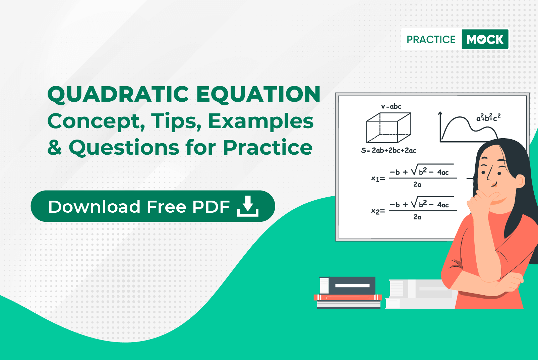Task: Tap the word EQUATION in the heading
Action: coord(258,95)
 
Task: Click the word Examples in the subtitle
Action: coord(260,122)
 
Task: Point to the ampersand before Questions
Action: coord(55,147)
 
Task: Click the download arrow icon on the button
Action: coord(248,206)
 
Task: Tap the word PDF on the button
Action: coord(211,207)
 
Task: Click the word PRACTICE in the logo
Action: coord(431,40)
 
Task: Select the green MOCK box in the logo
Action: coord(485,39)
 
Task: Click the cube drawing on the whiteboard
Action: coord(388,127)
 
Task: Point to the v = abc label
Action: coord(391,106)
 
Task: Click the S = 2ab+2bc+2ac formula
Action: coord(388,150)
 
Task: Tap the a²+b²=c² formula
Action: coord(488,117)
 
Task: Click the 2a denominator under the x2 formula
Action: coord(417,217)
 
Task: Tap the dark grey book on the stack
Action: coord(347,286)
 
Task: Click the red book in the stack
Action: coord(348,298)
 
